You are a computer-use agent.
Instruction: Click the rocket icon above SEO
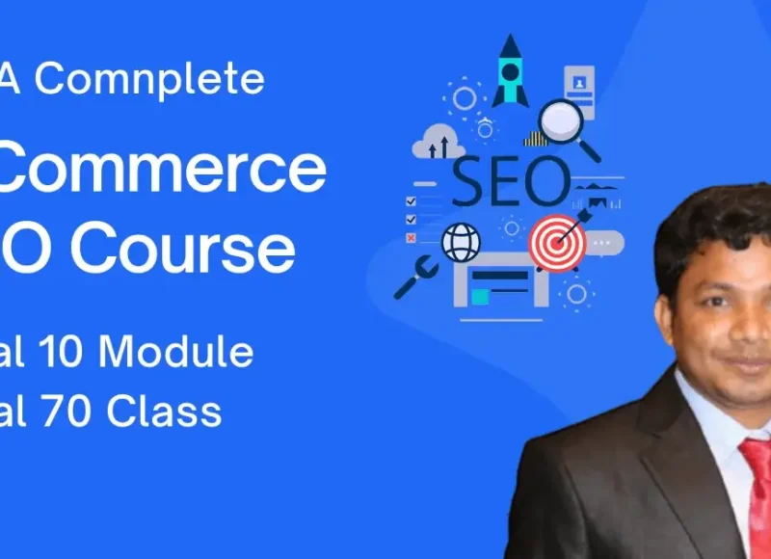click(x=510, y=72)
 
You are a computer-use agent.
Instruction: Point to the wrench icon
click(x=415, y=276)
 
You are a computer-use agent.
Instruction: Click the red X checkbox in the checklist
click(x=412, y=236)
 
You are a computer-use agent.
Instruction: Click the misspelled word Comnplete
click(x=150, y=79)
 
